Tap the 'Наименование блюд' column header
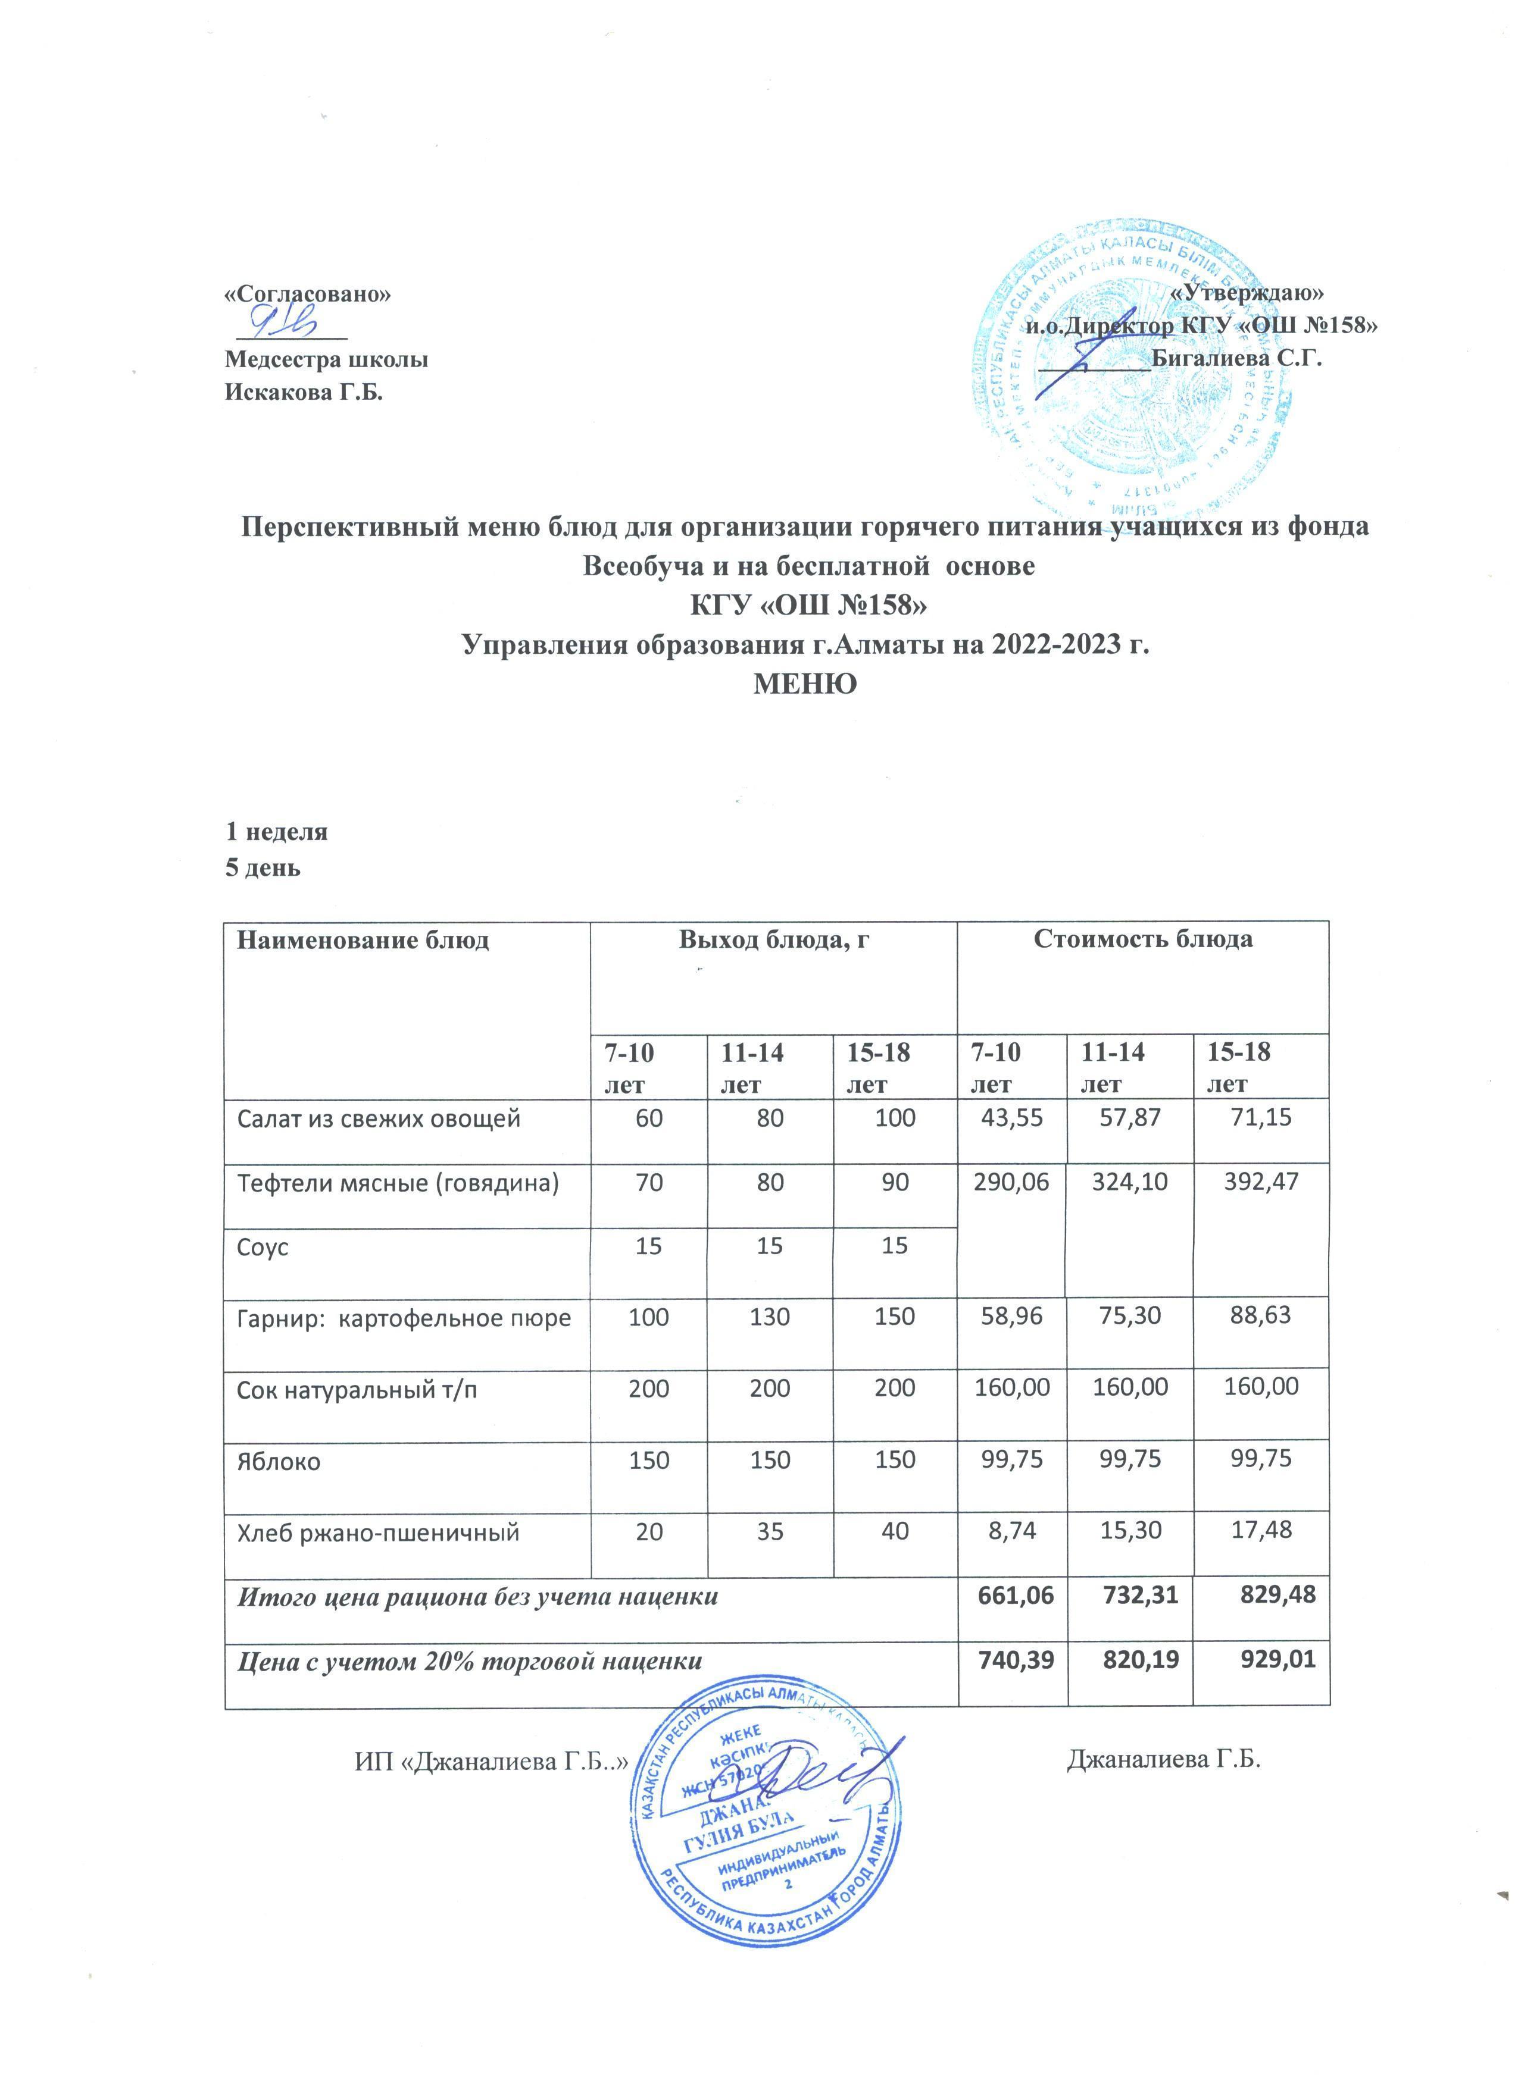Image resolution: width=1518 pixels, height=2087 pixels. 364,939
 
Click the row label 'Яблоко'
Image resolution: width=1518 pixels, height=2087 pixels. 279,1461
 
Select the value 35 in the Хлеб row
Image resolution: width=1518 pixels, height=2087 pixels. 770,1532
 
